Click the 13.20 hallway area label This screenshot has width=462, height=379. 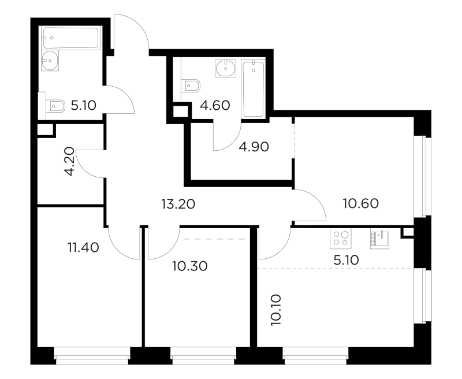[178, 203]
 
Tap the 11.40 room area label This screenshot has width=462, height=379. [83, 247]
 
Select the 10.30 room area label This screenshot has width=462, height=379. [190, 266]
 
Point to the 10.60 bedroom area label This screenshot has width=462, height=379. [361, 203]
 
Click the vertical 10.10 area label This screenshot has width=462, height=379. [276, 310]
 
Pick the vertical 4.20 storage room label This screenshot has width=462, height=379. [69, 161]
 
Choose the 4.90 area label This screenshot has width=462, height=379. [254, 147]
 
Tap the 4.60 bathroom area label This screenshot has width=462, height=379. [215, 105]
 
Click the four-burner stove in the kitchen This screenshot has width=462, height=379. [341, 238]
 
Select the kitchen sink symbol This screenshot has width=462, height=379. [379, 238]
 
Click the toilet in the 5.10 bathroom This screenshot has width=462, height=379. [55, 106]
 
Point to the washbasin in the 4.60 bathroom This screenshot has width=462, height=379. [226, 68]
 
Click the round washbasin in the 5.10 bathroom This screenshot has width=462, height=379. [50, 61]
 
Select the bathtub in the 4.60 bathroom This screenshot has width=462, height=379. [253, 88]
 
